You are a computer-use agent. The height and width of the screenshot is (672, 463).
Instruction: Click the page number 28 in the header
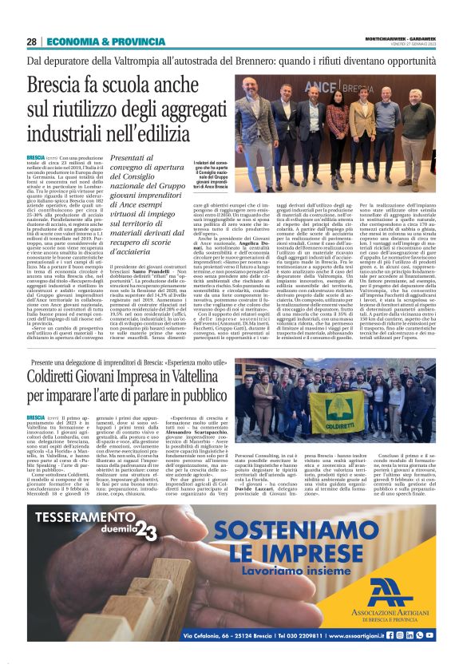click(32, 42)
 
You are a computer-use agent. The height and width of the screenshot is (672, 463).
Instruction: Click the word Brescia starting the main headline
click(57, 85)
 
